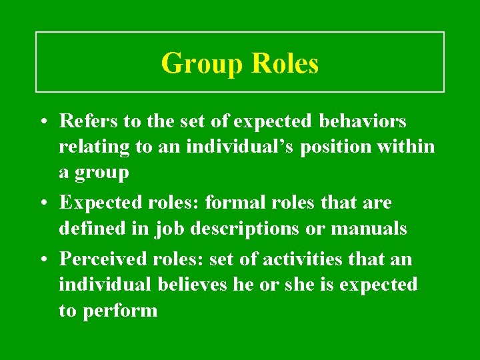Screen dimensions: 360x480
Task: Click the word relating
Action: tap(93, 147)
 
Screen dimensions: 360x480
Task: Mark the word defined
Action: tap(87, 229)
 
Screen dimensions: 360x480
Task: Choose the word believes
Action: tap(197, 285)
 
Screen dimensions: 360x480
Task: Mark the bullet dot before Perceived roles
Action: tap(42, 259)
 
